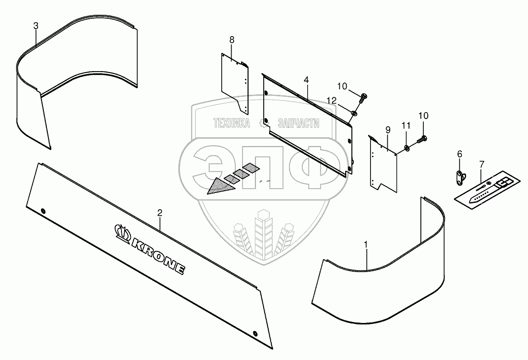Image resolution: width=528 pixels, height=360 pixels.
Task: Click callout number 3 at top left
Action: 36,26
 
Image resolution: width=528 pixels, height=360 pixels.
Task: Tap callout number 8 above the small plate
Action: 231,39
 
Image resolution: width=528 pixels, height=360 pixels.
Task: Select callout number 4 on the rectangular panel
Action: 306,80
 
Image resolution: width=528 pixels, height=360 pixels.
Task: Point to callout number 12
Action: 332,100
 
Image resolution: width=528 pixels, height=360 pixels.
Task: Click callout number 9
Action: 388,130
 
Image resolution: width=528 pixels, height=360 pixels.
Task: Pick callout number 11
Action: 406,126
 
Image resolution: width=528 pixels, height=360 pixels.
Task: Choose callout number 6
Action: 460,155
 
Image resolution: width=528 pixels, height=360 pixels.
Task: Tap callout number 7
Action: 482,163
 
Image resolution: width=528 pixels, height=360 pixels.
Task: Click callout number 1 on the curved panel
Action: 366,244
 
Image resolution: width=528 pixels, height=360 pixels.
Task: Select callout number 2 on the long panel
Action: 160,213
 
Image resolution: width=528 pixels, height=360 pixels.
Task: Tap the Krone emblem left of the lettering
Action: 121,230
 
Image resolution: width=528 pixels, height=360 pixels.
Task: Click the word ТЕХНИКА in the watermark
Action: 231,123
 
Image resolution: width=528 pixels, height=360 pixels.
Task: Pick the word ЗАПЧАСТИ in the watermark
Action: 298,123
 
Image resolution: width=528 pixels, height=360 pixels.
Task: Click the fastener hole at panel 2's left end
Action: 43,211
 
